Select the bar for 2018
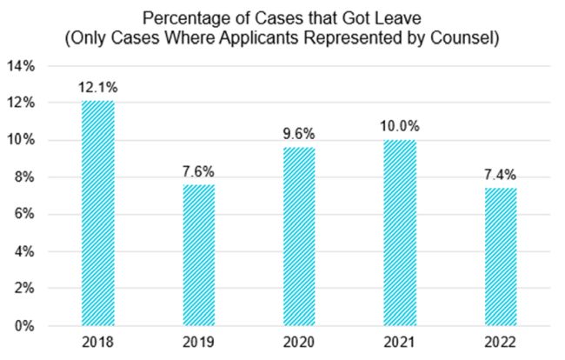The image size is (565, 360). click(x=97, y=213)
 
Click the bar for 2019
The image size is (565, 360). click(x=197, y=255)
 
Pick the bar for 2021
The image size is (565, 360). click(x=397, y=232)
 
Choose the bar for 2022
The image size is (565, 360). click(x=497, y=257)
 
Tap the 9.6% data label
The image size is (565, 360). click(x=297, y=136)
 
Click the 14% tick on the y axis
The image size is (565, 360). click(x=22, y=66)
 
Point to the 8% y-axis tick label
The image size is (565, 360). click(x=24, y=177)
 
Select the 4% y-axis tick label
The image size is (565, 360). click(x=24, y=252)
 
